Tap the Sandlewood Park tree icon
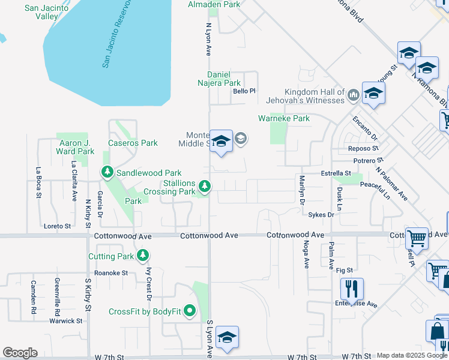pyautogui.click(x=107, y=173)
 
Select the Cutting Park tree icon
pyautogui.click(x=143, y=256)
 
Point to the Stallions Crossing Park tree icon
pyautogui.click(x=205, y=187)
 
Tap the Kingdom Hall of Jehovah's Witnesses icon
pyautogui.click(x=353, y=94)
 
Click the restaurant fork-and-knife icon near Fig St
pyautogui.click(x=351, y=289)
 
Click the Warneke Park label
pyautogui.click(x=284, y=118)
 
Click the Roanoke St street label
pyautogui.click(x=111, y=272)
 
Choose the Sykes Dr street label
pyautogui.click(x=321, y=215)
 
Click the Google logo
pyautogui.click(x=20, y=353)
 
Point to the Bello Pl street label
pyautogui.click(x=244, y=91)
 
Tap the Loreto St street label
pyautogui.click(x=58, y=226)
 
